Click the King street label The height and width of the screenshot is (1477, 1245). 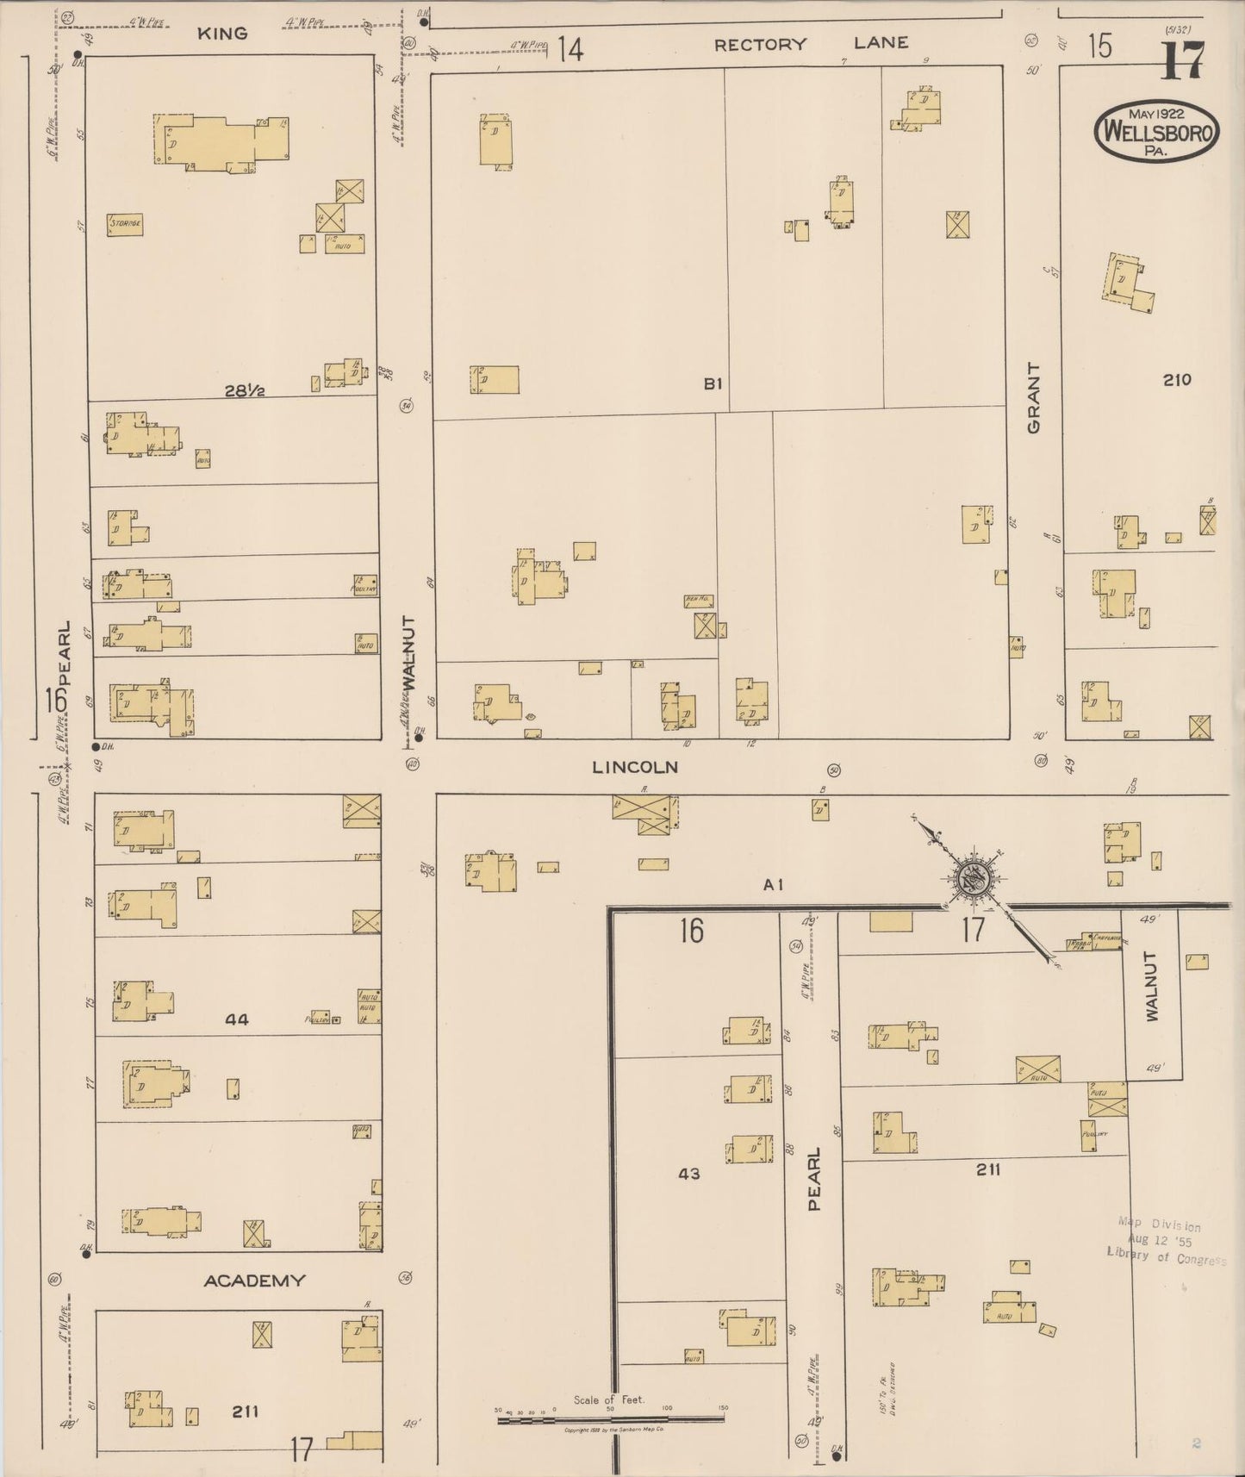point(222,34)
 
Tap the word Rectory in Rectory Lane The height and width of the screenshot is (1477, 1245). point(760,44)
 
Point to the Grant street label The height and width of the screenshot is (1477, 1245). point(1033,397)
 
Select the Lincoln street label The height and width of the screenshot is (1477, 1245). point(635,766)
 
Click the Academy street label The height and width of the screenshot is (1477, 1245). point(254,1281)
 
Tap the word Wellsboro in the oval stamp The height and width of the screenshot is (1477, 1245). point(1156,134)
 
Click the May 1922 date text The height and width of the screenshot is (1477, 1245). point(1155,113)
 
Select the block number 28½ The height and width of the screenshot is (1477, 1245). point(244,390)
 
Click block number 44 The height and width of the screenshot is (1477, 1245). point(236,1019)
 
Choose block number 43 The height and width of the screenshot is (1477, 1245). point(689,1174)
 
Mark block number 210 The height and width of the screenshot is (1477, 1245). point(1176,379)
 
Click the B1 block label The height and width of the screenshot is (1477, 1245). point(712,383)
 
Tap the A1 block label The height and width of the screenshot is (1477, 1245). point(773,884)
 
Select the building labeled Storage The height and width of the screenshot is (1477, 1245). point(125,224)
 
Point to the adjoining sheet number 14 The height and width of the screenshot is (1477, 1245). point(569,49)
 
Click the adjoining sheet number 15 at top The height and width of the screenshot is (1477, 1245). point(1099,47)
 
